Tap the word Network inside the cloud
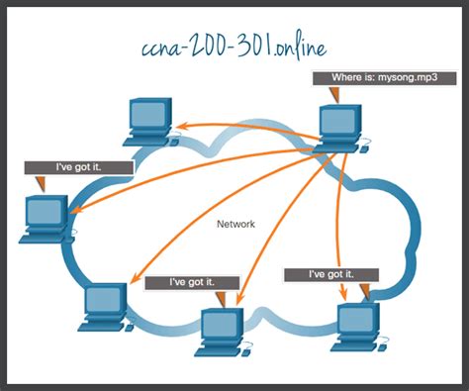(235, 225)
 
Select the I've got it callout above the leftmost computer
(77, 168)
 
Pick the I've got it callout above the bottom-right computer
(330, 273)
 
